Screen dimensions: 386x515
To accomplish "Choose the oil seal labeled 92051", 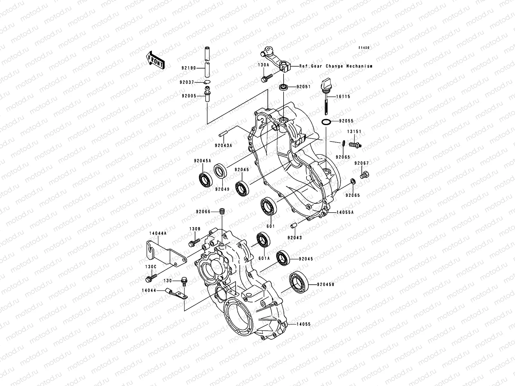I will click(x=284, y=87).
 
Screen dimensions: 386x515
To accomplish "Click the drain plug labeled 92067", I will click(x=365, y=175).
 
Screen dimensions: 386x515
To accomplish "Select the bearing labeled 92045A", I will click(x=205, y=179).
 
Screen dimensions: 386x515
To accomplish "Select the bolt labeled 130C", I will click(x=151, y=277).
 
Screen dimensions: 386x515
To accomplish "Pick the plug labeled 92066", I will click(x=222, y=212).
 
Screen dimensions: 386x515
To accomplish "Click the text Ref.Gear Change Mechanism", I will click(x=336, y=66).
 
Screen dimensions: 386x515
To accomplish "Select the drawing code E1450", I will click(x=364, y=48).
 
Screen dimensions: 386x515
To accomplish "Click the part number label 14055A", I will click(x=345, y=213).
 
